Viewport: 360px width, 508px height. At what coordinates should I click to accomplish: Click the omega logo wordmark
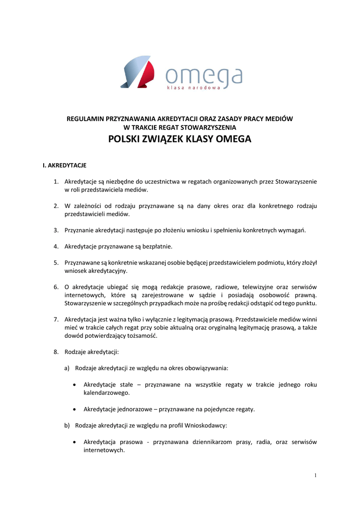point(204,75)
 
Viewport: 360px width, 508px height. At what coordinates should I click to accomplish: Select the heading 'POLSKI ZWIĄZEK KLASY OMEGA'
point(180,139)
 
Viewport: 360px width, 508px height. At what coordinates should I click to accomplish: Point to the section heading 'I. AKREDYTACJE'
point(65,164)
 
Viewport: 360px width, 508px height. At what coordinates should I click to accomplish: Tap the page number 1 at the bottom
point(315,476)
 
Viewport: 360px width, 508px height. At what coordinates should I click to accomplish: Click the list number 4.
point(56,246)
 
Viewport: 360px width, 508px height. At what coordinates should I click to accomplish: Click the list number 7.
point(56,319)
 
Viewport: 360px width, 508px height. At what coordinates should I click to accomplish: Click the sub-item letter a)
point(67,368)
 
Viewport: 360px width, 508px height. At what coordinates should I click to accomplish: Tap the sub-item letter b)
point(67,426)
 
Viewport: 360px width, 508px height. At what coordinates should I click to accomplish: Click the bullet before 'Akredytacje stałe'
point(74,385)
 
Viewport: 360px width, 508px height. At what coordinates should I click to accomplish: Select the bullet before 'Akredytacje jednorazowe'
point(74,409)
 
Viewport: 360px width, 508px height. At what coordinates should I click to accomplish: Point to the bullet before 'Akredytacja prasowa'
point(74,442)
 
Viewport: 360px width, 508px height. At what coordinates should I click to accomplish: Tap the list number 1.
point(56,182)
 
